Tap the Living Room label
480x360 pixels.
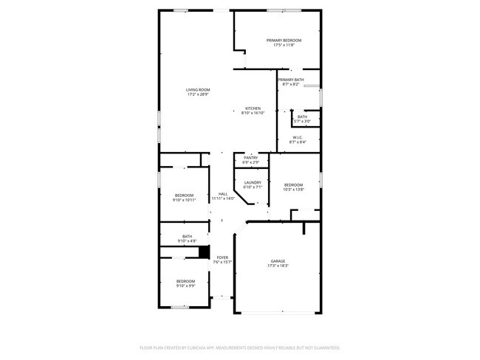[197, 89]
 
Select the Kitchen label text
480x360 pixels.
[253, 108]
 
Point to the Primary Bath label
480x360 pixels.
[291, 79]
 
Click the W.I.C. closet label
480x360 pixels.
[298, 137]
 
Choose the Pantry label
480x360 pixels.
[251, 157]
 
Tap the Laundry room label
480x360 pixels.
[253, 182]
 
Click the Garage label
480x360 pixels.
[278, 261]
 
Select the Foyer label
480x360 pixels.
[222, 257]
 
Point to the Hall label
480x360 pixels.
[222, 194]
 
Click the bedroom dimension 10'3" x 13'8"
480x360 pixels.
[293, 190]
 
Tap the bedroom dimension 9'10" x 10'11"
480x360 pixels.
[184, 200]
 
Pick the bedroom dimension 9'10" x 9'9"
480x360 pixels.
[185, 285]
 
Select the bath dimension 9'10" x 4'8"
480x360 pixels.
[187, 240]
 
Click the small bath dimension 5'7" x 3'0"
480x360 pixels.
[302, 121]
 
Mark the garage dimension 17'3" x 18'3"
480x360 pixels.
[278, 266]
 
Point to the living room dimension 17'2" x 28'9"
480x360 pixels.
[197, 94]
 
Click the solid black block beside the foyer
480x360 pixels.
[205, 252]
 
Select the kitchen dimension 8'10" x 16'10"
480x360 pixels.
[253, 114]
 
